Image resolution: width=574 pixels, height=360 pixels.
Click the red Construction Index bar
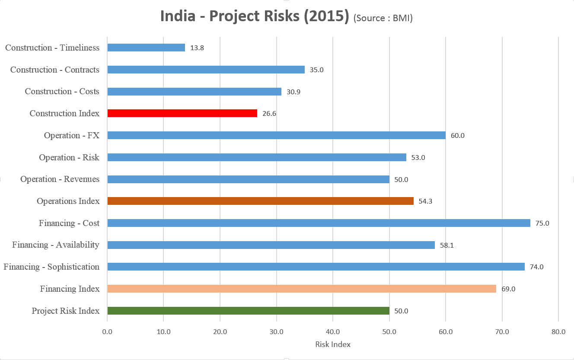coord(182,113)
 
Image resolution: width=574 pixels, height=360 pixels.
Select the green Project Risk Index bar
coord(248,311)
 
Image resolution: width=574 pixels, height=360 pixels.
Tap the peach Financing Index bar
coord(301,289)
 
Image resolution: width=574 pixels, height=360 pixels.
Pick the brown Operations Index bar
coord(260,201)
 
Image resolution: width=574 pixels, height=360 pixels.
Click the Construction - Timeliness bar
coord(146,48)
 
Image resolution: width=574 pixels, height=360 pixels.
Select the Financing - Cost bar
coord(319,223)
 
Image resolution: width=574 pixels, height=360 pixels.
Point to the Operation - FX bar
coord(276,135)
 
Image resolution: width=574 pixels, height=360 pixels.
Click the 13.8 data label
coord(197,48)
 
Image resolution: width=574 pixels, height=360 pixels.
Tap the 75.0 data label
coord(542,223)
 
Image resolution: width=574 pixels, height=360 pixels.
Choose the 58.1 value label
coord(447,245)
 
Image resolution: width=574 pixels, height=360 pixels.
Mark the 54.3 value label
coord(426,201)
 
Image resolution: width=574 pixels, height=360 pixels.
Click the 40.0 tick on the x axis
coord(333,332)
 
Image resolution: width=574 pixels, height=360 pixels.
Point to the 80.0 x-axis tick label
coord(558,332)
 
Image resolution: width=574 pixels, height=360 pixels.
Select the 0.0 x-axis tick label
coord(107,332)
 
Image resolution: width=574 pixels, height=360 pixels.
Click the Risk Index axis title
coord(333,344)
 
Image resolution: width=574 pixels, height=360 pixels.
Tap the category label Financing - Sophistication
coord(51,267)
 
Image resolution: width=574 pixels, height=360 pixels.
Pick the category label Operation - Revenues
coord(60,179)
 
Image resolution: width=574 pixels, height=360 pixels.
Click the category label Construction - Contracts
coord(55,70)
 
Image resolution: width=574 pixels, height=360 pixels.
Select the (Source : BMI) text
coord(383,18)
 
